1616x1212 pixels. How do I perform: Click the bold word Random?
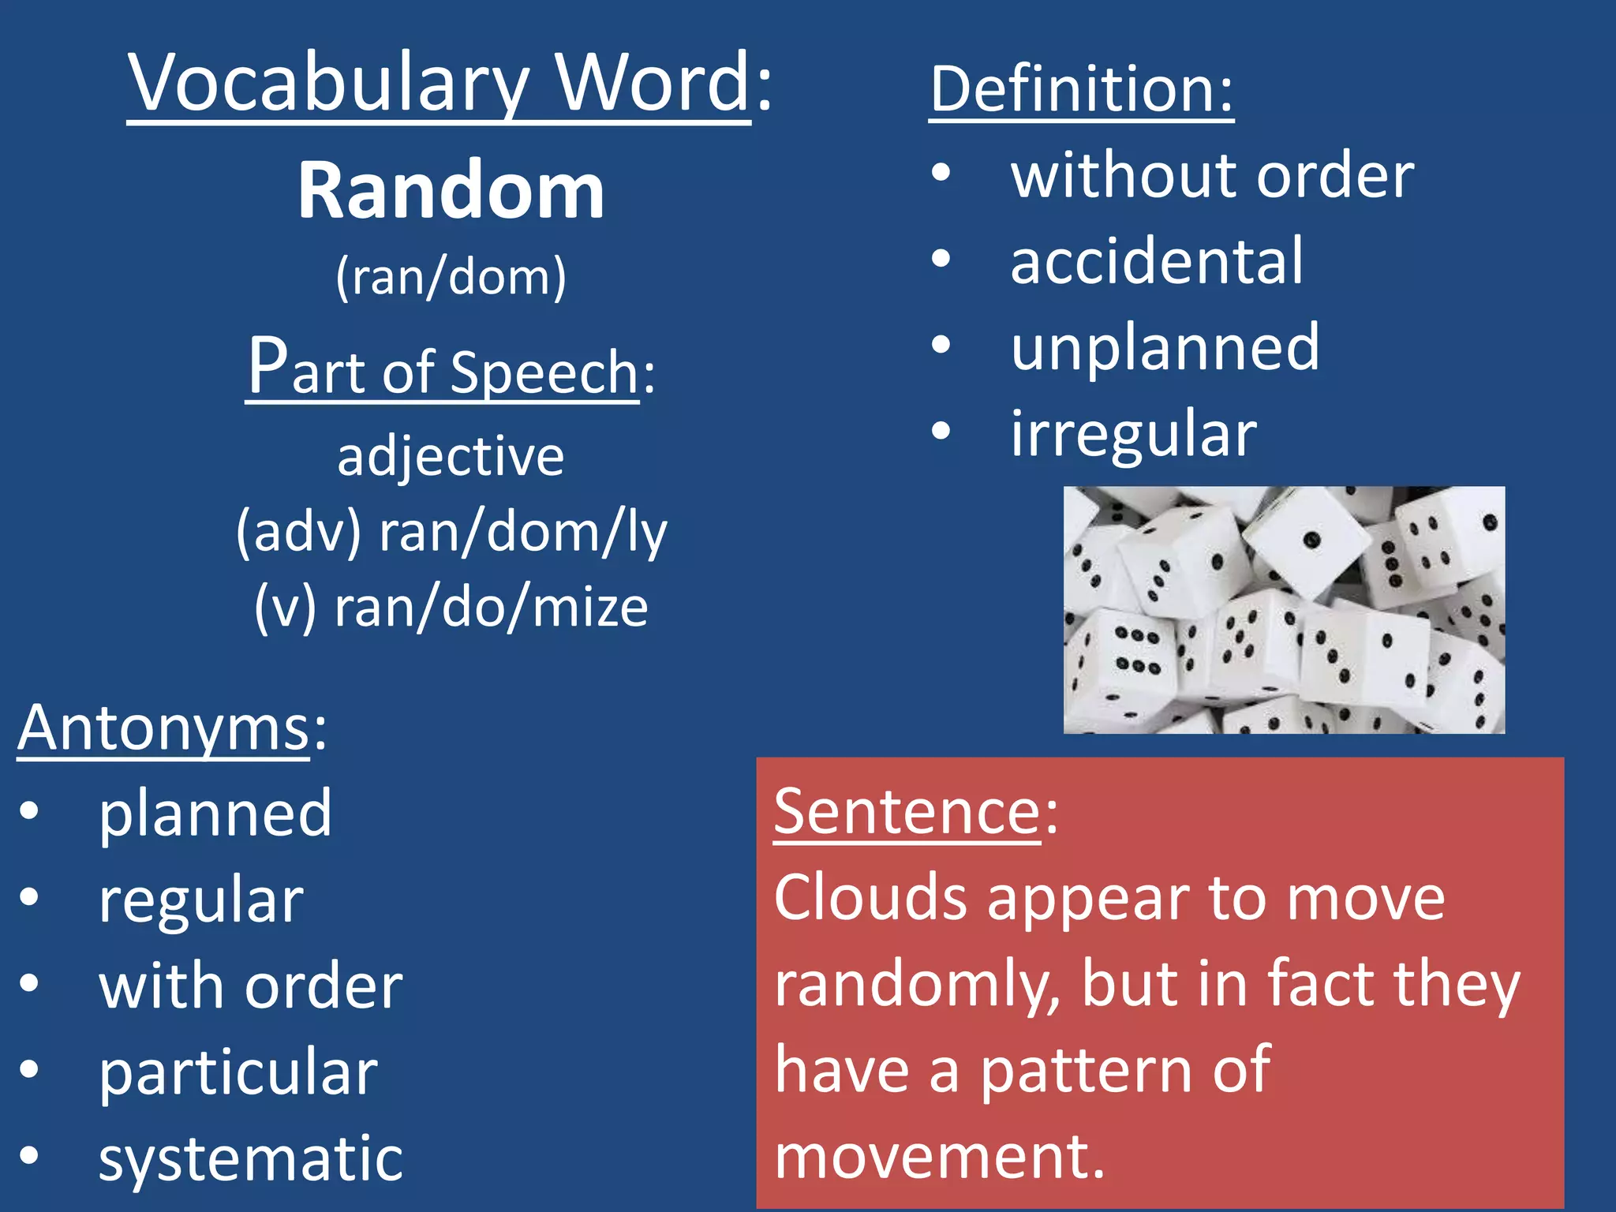point(451,191)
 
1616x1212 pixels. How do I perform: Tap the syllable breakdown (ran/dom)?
point(451,277)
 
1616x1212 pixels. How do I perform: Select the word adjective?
point(451,457)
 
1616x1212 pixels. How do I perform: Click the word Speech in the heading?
point(544,372)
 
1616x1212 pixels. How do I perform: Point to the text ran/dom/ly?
point(523,533)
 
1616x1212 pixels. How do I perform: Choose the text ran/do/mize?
point(491,608)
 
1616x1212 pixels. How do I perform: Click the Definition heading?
point(1080,89)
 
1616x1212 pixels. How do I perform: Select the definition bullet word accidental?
point(1157,260)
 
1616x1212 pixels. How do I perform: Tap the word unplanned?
point(1165,347)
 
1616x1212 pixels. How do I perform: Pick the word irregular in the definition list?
point(1134,434)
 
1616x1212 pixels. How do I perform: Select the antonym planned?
point(215,813)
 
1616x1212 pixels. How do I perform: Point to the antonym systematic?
point(251,1158)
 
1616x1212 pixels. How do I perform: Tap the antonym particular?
point(238,1072)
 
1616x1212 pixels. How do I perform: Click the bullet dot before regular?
point(29,897)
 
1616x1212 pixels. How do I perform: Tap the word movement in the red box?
point(939,1157)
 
